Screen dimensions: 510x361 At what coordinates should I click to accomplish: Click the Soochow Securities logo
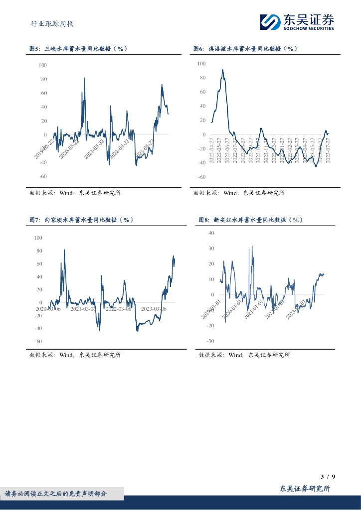(297, 21)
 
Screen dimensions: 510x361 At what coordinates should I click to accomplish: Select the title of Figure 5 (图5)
(78, 49)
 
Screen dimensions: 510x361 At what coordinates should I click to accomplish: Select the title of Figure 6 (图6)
(245, 49)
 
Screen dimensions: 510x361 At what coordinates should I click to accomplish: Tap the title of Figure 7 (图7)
(81, 220)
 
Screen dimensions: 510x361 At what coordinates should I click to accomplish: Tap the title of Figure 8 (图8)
(250, 220)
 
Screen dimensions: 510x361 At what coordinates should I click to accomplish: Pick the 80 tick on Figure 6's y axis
(201, 78)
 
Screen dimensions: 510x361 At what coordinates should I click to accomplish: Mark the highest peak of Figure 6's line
(222, 70)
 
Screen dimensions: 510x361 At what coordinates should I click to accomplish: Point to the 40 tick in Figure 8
(210, 233)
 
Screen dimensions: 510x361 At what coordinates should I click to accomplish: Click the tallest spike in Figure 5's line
(84, 78)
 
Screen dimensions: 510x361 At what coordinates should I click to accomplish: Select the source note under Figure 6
(238, 193)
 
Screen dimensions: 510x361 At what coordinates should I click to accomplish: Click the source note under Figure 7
(75, 355)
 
